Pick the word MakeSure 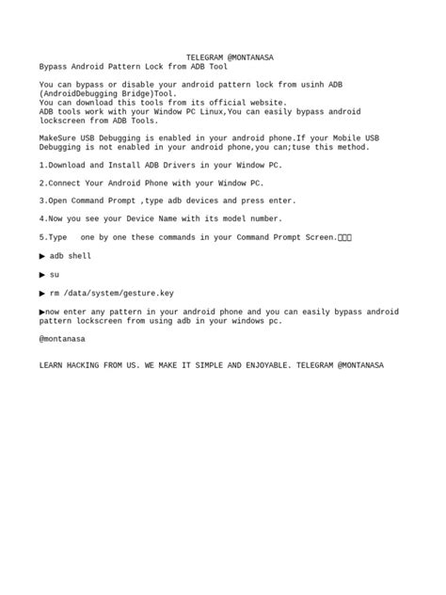(59, 137)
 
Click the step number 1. (41, 165)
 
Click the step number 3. (41, 201)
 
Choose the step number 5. (41, 237)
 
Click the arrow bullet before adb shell (42, 255)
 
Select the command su (55, 274)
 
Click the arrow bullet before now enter (42, 311)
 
